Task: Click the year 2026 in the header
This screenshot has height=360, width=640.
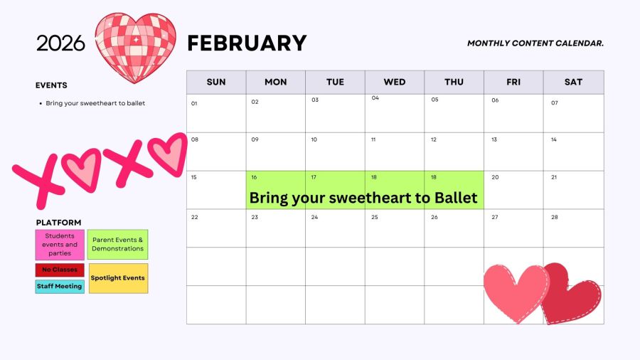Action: click(x=61, y=43)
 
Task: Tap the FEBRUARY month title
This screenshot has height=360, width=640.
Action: click(x=247, y=43)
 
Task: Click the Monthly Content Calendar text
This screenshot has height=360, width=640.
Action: click(x=535, y=43)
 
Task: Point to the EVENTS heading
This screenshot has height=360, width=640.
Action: click(x=51, y=85)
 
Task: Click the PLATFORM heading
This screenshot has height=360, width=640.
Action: click(x=58, y=223)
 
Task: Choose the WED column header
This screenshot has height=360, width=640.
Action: click(x=394, y=82)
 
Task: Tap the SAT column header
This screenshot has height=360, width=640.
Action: click(x=573, y=82)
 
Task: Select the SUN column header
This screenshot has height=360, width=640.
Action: click(x=216, y=82)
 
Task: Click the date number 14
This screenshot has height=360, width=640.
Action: click(x=554, y=139)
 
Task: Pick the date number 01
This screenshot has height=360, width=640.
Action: click(x=194, y=104)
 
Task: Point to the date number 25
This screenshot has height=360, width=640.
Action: click(x=375, y=217)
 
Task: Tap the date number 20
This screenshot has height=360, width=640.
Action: click(x=495, y=177)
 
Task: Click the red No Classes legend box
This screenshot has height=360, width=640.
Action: click(x=60, y=270)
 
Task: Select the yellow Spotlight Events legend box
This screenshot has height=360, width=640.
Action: click(x=118, y=278)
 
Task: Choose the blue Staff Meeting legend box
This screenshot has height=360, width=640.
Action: click(x=60, y=287)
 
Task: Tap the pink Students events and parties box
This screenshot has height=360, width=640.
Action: click(x=60, y=245)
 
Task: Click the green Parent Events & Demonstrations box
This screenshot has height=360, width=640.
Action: click(x=117, y=245)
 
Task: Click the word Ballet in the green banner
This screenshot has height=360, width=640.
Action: click(x=456, y=198)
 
